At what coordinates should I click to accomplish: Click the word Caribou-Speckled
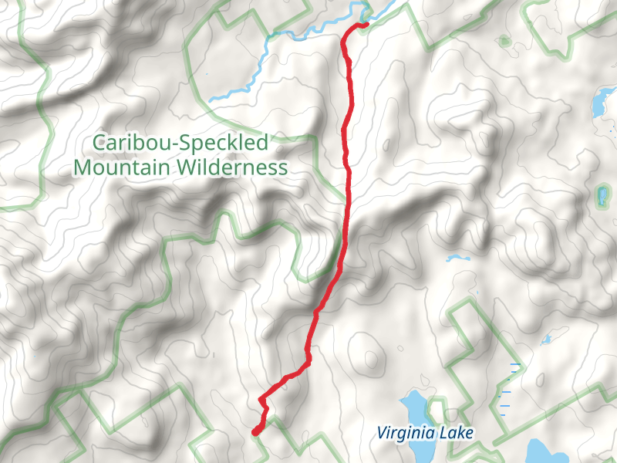coord(180,143)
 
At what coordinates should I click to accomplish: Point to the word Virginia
coord(406,433)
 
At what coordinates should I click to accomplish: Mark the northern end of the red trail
coord(365,25)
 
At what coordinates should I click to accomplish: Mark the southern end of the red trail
coord(255,433)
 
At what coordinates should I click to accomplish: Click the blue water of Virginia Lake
coord(413,405)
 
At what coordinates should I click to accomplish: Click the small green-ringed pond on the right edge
coord(602,194)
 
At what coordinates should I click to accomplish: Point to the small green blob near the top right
coord(504,40)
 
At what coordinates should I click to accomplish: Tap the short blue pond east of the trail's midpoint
coord(457,258)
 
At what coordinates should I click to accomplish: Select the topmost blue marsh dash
coord(514,363)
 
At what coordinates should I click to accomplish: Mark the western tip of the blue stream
coord(210,100)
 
